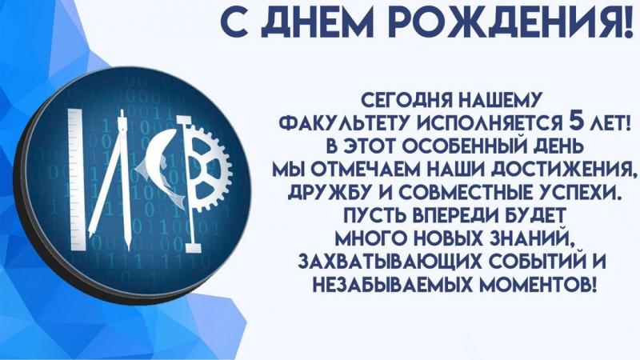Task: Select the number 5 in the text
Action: (x=574, y=122)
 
